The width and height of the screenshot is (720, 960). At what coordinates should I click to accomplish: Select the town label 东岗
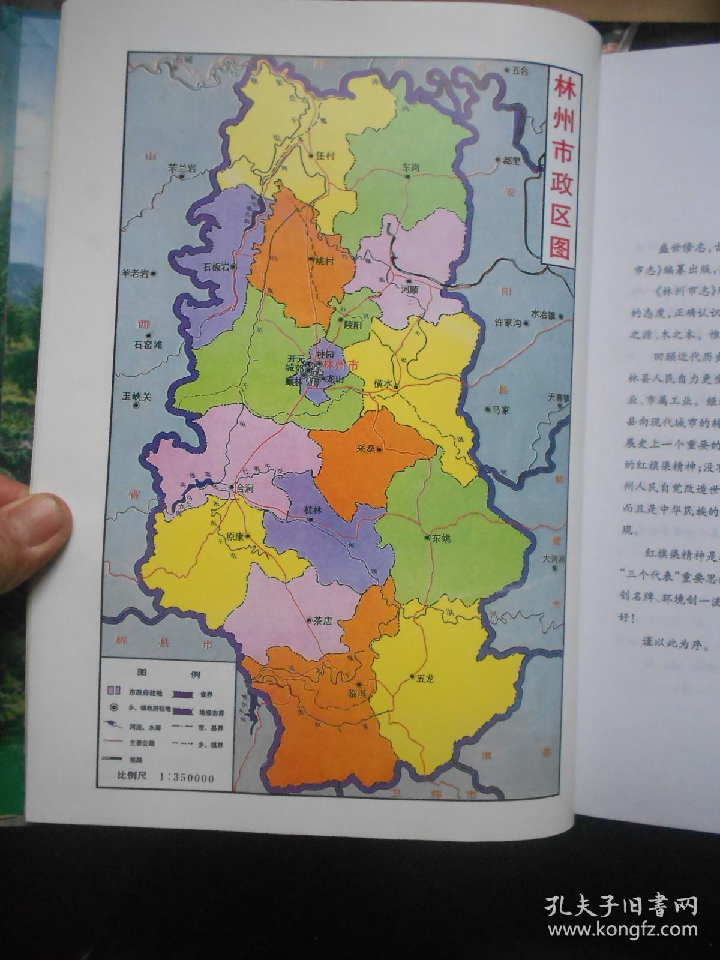point(412,168)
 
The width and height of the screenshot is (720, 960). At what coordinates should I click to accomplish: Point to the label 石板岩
point(216,268)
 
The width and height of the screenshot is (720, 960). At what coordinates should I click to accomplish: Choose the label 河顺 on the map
point(409,289)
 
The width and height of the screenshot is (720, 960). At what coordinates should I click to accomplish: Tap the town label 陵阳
point(353,325)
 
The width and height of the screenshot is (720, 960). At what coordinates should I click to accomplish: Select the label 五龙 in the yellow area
point(425,678)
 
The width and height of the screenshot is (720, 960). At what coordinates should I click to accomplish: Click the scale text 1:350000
point(187,778)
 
